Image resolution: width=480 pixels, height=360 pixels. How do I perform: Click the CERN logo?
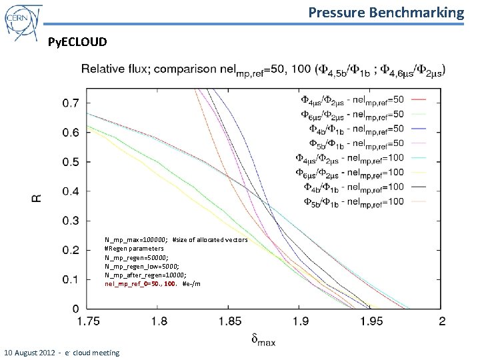[23, 22]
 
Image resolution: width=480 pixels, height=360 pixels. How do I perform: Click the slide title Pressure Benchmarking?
[386, 12]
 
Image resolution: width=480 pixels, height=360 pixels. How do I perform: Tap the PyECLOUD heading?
[77, 43]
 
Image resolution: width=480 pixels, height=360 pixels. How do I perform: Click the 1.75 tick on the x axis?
[88, 322]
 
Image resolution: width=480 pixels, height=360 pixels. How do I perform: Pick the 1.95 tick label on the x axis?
[371, 322]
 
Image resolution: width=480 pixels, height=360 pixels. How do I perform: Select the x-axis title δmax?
[265, 341]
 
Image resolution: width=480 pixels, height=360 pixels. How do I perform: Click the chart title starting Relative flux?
[263, 69]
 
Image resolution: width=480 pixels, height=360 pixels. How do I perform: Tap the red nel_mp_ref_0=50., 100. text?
[141, 284]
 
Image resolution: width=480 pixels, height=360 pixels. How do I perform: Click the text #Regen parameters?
[134, 248]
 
